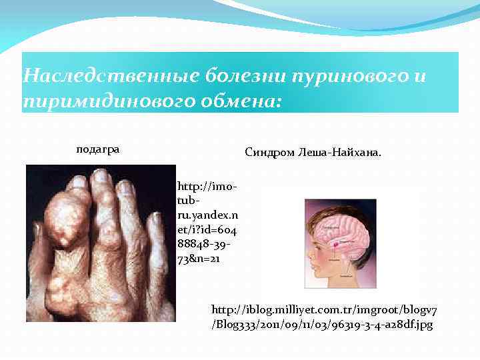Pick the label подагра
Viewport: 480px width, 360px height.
[98, 149]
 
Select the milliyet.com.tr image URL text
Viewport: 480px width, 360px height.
[323, 317]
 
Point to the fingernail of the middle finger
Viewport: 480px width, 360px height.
[102, 176]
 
